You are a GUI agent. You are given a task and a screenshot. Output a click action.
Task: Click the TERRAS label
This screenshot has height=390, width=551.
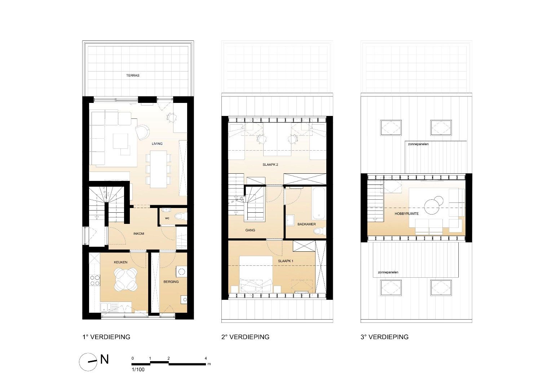click(x=133, y=75)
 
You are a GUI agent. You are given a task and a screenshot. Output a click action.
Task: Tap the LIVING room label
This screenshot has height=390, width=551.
click(x=157, y=144)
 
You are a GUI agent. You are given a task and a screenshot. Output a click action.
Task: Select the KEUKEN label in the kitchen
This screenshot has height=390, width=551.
click(x=120, y=262)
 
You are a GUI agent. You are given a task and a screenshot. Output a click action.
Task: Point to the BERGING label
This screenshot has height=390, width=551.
click(x=171, y=282)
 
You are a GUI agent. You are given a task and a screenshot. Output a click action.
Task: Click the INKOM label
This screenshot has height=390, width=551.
click(x=138, y=234)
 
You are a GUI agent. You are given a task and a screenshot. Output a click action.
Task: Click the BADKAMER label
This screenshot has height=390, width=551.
click(x=307, y=224)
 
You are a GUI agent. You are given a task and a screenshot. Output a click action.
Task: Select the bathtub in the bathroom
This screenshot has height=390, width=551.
click(x=318, y=204)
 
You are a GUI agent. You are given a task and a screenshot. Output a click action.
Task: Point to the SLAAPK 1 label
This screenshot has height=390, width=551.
click(x=286, y=261)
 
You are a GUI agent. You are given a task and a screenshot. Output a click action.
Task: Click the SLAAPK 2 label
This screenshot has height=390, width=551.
click(x=270, y=165)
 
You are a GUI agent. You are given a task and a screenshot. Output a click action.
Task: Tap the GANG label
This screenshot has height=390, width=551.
click(x=250, y=230)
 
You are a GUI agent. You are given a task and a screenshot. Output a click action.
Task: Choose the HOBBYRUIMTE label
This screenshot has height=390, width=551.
click(x=406, y=214)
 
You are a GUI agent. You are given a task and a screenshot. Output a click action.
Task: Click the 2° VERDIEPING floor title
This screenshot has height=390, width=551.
click(x=245, y=337)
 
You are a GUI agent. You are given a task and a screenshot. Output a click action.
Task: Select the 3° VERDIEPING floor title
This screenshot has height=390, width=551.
click(x=384, y=337)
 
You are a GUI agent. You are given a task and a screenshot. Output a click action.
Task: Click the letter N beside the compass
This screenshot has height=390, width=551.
click(x=105, y=359)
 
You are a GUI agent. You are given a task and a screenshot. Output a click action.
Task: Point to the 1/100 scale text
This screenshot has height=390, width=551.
click(x=138, y=369)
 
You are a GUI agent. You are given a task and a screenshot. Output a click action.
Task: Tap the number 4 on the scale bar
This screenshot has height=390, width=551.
click(x=206, y=359)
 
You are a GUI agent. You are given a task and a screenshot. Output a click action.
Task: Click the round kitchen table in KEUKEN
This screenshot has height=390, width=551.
click(x=125, y=279)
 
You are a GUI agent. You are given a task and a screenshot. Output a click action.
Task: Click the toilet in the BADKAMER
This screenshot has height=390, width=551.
click(x=319, y=231)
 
